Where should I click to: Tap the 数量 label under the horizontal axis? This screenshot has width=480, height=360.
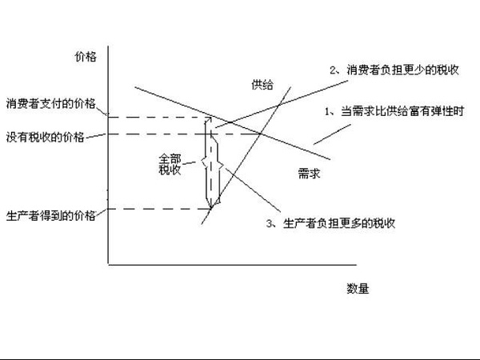coord(358,286)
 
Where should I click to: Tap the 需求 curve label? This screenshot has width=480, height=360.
coord(308,174)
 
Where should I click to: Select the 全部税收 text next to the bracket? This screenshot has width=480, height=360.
coord(170,164)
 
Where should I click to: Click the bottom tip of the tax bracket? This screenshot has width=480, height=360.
coord(210,207)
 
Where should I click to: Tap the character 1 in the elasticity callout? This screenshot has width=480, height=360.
coord(328,111)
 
